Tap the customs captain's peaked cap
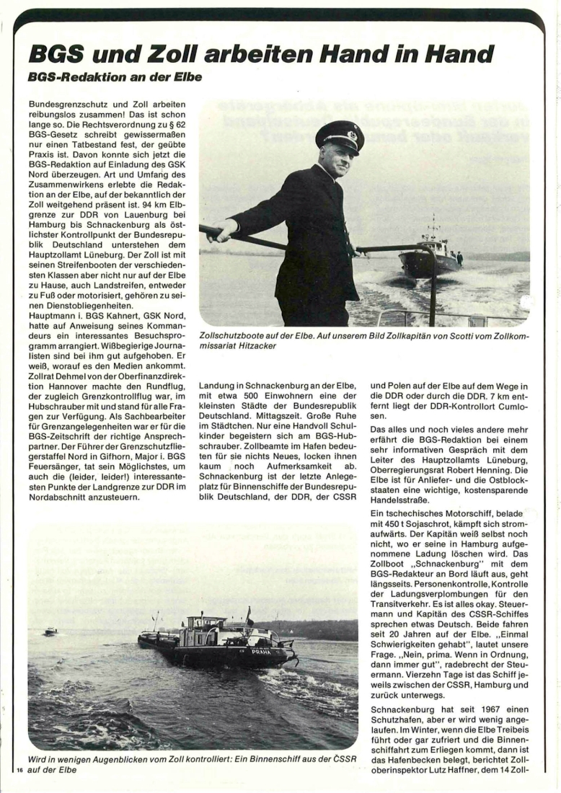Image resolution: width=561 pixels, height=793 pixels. pos(340,135)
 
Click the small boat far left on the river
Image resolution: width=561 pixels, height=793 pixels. pos(50,631)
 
